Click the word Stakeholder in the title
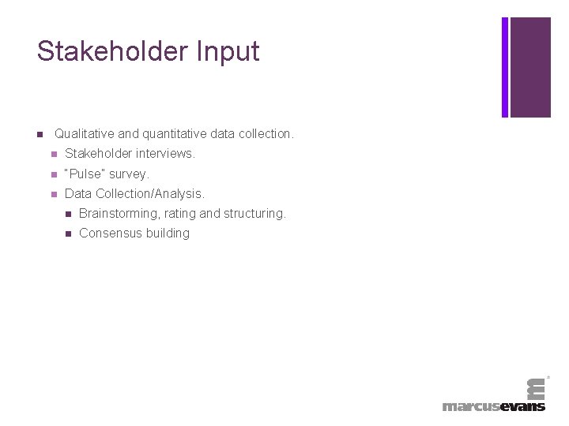111,51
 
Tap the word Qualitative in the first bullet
85,134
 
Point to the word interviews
164,154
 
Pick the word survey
129,174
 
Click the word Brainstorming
119,213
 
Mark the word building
167,233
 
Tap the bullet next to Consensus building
68,234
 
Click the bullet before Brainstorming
68,214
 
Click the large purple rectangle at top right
530,67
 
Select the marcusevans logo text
494,406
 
